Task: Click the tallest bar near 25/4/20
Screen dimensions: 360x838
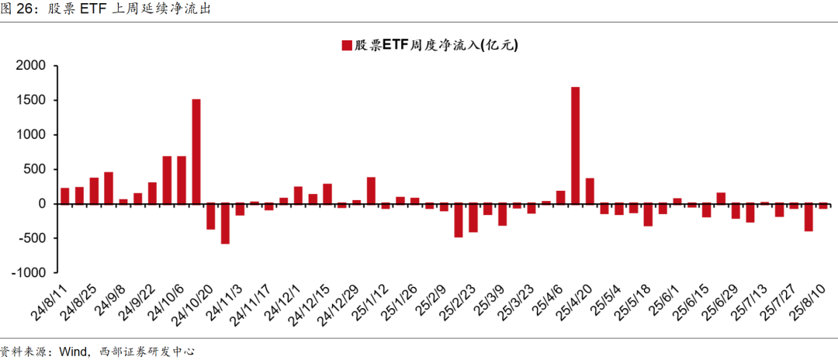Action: click(x=575, y=145)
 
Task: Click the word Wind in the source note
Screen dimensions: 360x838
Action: click(x=74, y=351)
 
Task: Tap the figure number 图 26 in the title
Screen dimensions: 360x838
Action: click(x=19, y=10)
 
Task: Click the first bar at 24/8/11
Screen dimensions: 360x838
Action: click(x=65, y=196)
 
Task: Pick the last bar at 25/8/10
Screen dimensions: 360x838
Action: click(x=823, y=206)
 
